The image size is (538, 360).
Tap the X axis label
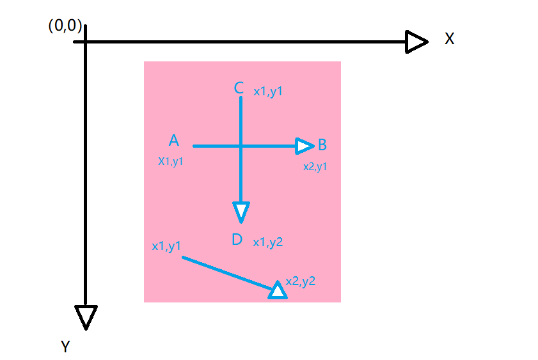[450, 39]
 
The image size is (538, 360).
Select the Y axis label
[65, 347]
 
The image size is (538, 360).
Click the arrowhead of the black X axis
[417, 42]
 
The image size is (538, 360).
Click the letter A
[173, 141]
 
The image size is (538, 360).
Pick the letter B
[322, 145]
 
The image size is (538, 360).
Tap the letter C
[239, 88]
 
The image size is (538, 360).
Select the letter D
[237, 240]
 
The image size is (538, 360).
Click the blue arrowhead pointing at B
[305, 146]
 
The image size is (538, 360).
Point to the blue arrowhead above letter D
[241, 212]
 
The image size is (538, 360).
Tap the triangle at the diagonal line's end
[277, 290]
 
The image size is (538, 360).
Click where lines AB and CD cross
[241, 146]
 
